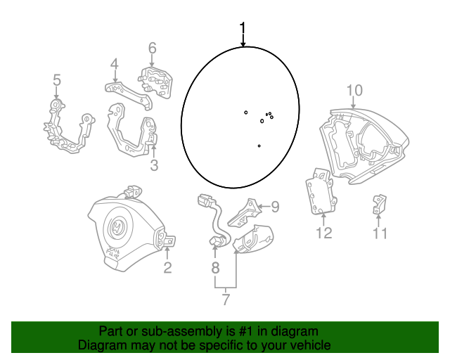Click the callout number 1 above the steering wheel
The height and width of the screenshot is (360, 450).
[x=243, y=27]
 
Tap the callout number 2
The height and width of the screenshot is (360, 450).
[x=167, y=267]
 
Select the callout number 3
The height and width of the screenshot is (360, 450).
[x=155, y=165]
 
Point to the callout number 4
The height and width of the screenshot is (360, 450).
[x=114, y=64]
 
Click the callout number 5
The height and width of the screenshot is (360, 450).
[x=57, y=79]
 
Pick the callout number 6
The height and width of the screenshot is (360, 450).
[x=152, y=48]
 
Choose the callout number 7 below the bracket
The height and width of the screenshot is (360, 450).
[x=226, y=300]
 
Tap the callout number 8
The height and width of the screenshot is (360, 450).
[x=215, y=268]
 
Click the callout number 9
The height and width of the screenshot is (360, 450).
[x=275, y=207]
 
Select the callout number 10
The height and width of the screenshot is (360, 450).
[x=354, y=90]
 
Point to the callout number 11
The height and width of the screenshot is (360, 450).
[x=380, y=233]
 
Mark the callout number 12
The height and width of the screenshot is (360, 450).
[x=324, y=233]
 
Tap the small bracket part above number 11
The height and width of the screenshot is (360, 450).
[x=380, y=205]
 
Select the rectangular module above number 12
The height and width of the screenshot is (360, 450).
[x=321, y=192]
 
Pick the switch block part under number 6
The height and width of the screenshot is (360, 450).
[x=155, y=82]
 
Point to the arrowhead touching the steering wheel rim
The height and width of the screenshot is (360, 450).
[x=243, y=44]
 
